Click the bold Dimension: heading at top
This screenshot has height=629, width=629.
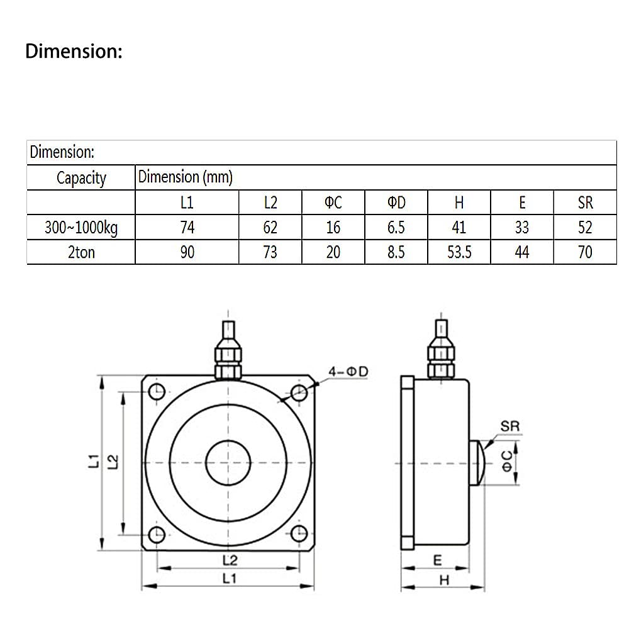click(74, 52)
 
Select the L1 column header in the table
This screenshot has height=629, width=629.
click(187, 203)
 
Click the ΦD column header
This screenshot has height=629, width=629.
click(396, 203)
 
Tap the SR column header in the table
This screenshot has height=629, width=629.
click(585, 203)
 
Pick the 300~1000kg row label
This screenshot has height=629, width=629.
click(81, 227)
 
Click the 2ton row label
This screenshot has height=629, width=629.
click(81, 252)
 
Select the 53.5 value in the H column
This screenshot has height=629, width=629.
click(459, 252)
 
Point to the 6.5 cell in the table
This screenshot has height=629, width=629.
click(396, 227)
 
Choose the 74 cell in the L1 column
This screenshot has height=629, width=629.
click(187, 227)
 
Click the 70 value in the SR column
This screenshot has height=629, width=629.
click(585, 252)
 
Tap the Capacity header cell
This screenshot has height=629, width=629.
click(81, 178)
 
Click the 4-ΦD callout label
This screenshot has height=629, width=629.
click(348, 372)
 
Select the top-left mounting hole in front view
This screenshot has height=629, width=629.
click(156, 392)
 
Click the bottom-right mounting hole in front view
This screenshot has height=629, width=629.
click(299, 535)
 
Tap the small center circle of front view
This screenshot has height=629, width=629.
click(228, 463)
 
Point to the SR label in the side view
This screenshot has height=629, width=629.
click(510, 426)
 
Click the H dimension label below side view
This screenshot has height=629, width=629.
click(444, 581)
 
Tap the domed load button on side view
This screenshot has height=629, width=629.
click(477, 463)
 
